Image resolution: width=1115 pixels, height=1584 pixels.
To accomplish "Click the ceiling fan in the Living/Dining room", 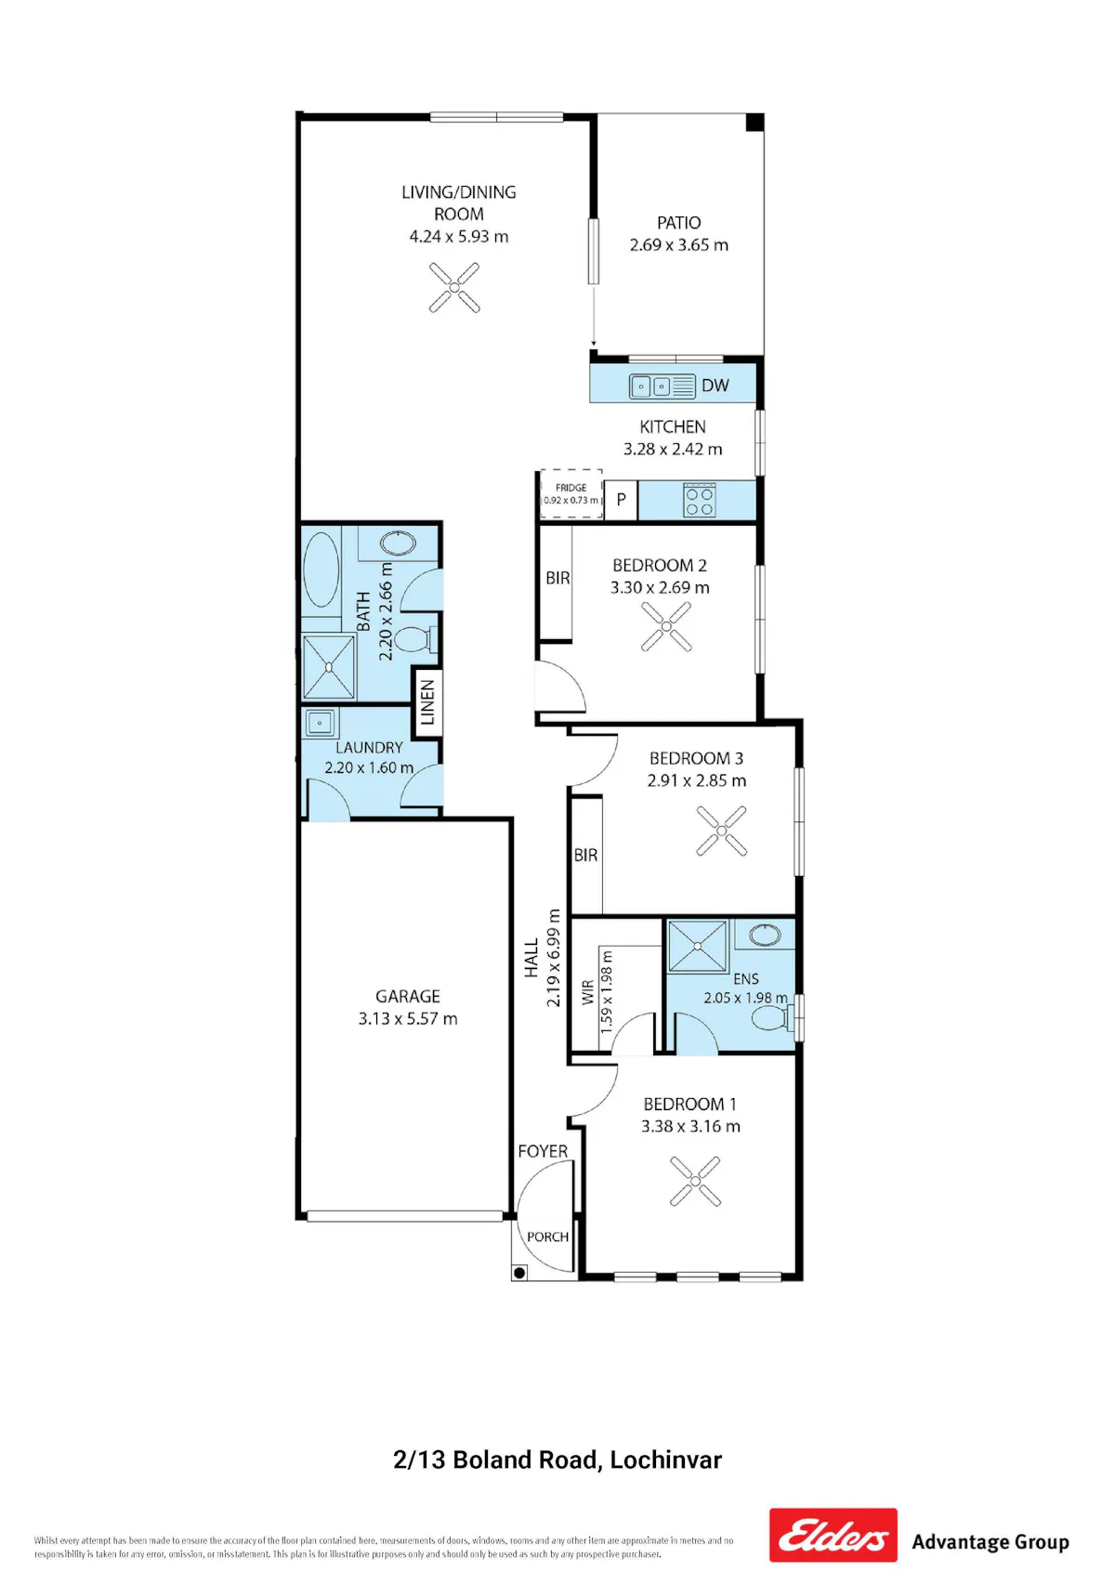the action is (x=454, y=287).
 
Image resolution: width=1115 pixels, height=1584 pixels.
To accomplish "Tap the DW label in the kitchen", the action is (x=715, y=386).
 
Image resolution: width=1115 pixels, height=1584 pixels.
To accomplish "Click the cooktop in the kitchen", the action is (x=700, y=500).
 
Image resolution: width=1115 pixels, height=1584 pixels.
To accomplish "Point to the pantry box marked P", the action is (x=621, y=500).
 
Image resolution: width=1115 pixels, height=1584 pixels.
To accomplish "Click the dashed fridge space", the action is (x=571, y=493).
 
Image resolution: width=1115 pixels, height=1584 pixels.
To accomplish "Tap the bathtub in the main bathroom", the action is (x=321, y=569).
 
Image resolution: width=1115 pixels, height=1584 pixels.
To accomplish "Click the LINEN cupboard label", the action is (x=427, y=702).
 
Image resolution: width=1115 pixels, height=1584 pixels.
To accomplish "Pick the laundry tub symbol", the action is (x=321, y=723).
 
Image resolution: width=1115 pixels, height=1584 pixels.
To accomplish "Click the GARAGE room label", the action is (x=407, y=996).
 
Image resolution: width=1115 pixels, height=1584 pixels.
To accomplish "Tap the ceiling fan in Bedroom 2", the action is (x=666, y=626).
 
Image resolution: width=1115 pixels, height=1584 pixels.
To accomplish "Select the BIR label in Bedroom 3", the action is (x=585, y=855).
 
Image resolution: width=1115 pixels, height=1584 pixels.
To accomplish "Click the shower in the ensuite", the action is (x=697, y=946).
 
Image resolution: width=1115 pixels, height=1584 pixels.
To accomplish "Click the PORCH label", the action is (x=547, y=1237).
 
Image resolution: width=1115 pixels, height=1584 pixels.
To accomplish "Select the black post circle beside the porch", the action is (x=519, y=1273).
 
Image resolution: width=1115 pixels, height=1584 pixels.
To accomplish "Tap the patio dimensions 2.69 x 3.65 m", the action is (x=679, y=244).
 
